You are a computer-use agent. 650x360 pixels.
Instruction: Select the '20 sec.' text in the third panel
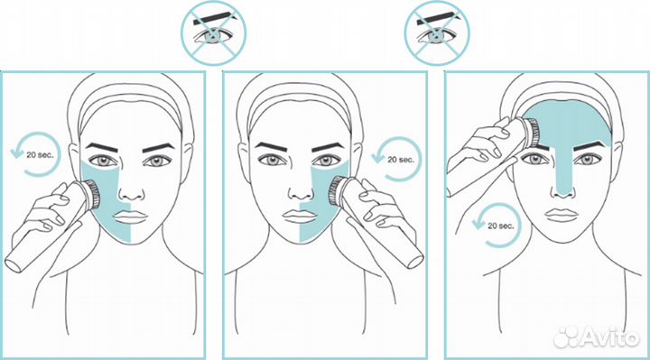501,226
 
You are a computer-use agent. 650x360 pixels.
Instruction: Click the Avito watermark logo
596,336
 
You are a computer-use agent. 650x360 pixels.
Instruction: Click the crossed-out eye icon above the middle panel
213,32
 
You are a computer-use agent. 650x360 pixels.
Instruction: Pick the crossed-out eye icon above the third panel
437,32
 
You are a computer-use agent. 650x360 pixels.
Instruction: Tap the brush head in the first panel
93,194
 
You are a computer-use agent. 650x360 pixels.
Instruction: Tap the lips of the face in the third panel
562,215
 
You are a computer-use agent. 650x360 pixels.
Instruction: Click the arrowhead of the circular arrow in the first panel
16,153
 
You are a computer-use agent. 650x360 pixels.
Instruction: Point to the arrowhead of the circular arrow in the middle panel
378,157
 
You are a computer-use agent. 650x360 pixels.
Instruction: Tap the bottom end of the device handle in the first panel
14,265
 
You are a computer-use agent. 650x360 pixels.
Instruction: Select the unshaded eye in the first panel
157,161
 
